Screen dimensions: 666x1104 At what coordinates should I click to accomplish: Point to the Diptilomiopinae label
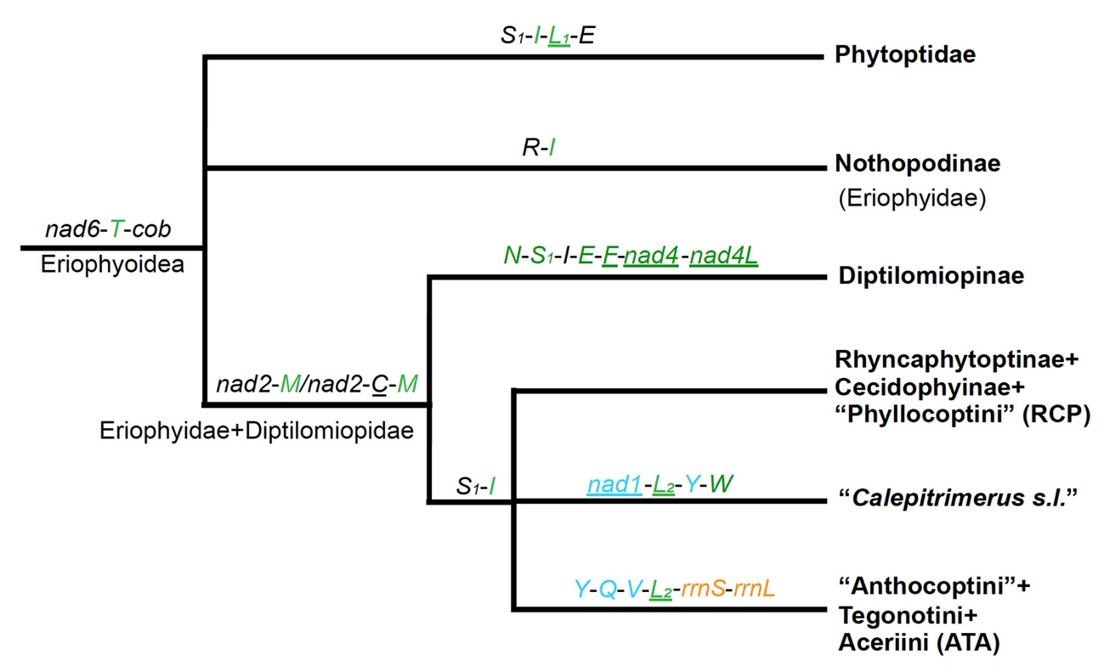(917, 276)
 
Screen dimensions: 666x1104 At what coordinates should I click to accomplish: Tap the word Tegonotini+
(892, 613)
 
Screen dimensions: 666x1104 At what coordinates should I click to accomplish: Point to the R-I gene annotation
(539, 149)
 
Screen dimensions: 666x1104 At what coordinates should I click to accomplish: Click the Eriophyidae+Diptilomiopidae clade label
(256, 431)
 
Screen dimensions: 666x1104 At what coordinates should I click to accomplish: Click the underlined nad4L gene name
(724, 255)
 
